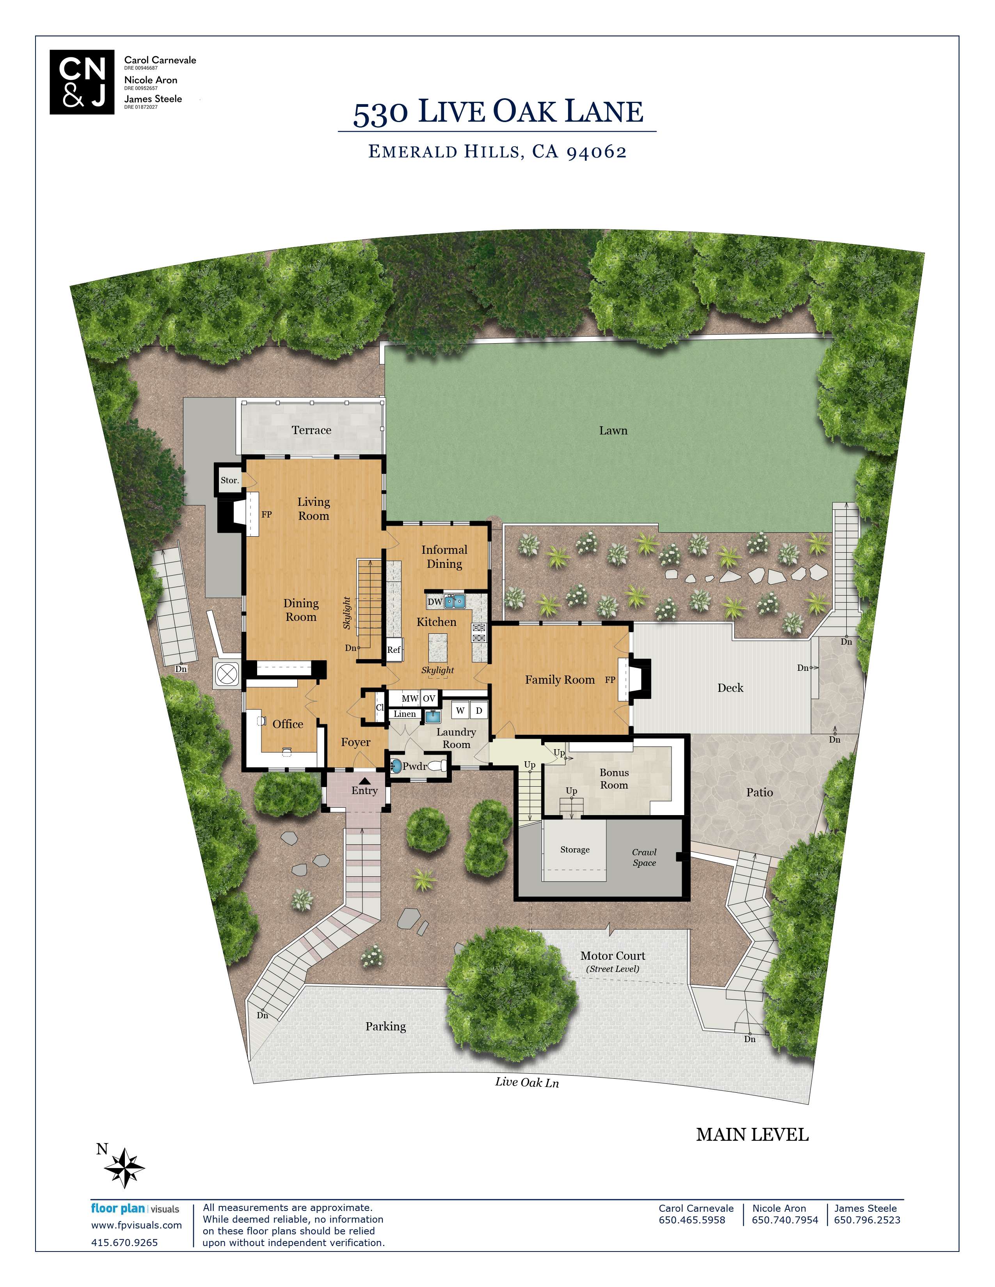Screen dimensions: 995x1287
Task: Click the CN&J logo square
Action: [82, 82]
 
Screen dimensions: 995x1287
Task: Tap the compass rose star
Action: [124, 1167]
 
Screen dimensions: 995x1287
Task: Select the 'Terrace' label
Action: [311, 430]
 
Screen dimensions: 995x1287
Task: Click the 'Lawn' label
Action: [613, 431]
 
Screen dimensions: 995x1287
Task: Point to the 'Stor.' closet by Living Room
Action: [230, 480]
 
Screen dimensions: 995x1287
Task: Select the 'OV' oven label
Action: [429, 698]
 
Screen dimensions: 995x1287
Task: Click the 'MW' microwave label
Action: [410, 698]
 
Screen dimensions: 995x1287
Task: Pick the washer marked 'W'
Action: [460, 710]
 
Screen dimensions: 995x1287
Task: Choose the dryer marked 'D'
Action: [479, 710]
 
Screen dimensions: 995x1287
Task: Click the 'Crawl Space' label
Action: [644, 857]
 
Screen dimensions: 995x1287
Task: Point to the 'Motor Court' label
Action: [613, 956]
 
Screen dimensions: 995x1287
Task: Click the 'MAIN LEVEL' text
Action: [752, 1135]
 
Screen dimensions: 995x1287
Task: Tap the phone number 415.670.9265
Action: [124, 1242]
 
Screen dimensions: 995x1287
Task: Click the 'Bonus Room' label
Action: [614, 778]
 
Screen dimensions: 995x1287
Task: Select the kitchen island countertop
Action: [438, 647]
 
